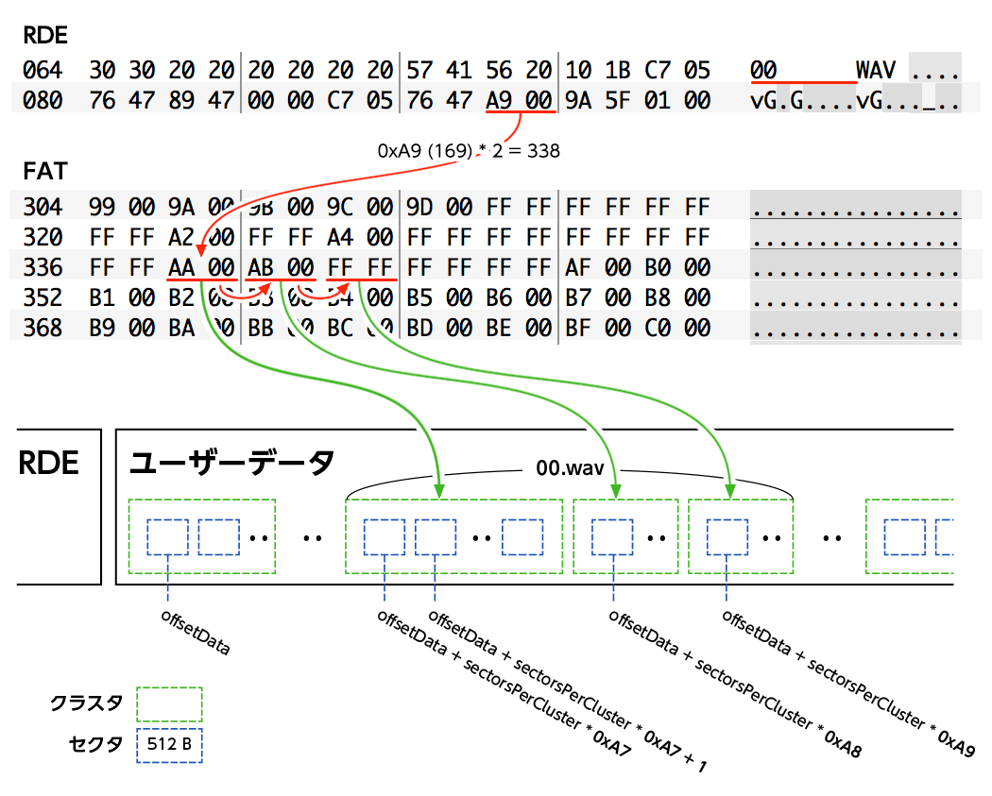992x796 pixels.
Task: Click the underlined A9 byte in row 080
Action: (x=500, y=100)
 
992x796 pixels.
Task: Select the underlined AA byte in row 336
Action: (x=182, y=268)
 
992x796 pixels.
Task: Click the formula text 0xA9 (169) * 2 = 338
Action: (x=469, y=150)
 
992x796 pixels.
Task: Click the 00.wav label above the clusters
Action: (x=569, y=469)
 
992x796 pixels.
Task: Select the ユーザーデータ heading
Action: (x=231, y=463)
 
